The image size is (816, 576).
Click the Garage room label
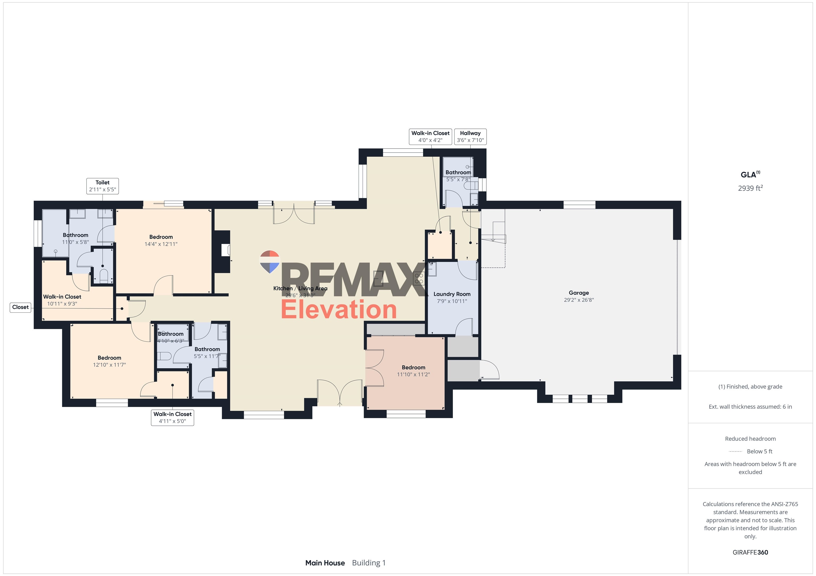pyautogui.click(x=579, y=293)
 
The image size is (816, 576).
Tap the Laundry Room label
pyautogui.click(x=452, y=294)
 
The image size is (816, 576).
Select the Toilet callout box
pyautogui.click(x=102, y=186)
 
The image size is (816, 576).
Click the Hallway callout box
pyautogui.click(x=470, y=137)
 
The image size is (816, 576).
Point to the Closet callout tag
pyautogui.click(x=20, y=307)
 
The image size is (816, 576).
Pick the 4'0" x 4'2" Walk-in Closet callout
pyautogui.click(x=430, y=137)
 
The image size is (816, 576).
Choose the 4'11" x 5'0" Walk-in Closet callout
pyautogui.click(x=172, y=417)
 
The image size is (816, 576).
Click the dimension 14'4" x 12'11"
pyautogui.click(x=161, y=244)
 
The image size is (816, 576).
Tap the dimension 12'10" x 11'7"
pyautogui.click(x=109, y=365)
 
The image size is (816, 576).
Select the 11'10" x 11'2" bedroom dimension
pyautogui.click(x=413, y=374)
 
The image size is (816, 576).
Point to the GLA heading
pyautogui.click(x=749, y=174)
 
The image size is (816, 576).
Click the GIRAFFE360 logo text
pyautogui.click(x=750, y=552)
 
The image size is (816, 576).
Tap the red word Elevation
pyautogui.click(x=339, y=309)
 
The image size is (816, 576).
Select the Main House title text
pyautogui.click(x=325, y=563)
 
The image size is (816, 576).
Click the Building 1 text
pyautogui.click(x=368, y=563)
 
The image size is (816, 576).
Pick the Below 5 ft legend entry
pyautogui.click(x=759, y=451)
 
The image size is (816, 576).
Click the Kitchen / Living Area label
pyautogui.click(x=300, y=288)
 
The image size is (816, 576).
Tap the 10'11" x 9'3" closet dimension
pyautogui.click(x=62, y=304)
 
